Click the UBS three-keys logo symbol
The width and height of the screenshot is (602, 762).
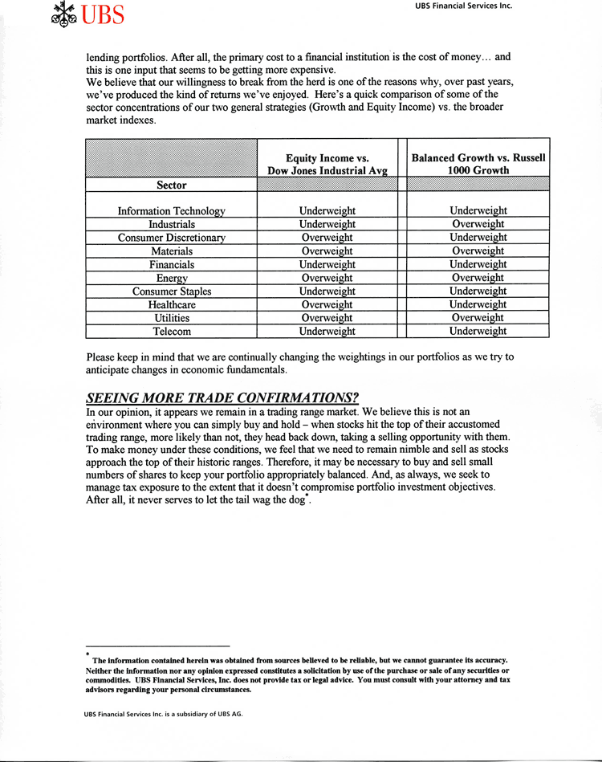tap(64, 14)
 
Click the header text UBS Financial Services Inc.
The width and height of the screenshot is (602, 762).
tap(463, 6)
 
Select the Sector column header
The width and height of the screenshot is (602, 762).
tap(171, 185)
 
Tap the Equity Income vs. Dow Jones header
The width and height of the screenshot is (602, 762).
tap(327, 165)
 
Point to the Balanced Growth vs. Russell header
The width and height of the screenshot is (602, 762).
tap(478, 164)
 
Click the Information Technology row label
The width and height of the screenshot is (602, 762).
tap(171, 210)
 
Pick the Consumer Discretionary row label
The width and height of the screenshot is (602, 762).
tap(171, 238)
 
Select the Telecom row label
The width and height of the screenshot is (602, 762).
tap(171, 331)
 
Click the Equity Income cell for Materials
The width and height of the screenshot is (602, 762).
tap(327, 251)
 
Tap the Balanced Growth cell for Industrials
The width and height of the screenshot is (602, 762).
tap(478, 224)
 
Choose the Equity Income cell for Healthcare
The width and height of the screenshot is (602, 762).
tap(327, 304)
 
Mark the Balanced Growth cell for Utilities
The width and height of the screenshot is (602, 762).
tap(478, 318)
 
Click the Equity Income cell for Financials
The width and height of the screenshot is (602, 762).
tap(327, 264)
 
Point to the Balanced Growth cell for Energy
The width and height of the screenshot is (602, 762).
tap(478, 278)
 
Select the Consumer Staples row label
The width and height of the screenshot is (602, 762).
tap(171, 291)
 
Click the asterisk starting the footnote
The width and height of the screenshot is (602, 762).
tap(87, 654)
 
